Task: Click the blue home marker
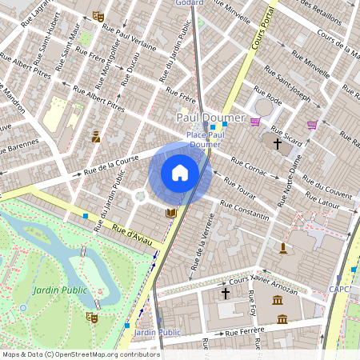click(180, 173)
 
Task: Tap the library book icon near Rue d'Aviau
click(170, 213)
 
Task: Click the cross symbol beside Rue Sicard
click(278, 145)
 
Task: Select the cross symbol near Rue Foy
click(226, 294)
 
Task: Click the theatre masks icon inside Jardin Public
click(91, 318)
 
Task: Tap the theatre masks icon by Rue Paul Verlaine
click(98, 16)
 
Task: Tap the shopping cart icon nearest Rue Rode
click(255, 122)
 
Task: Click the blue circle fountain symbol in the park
click(23, 306)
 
